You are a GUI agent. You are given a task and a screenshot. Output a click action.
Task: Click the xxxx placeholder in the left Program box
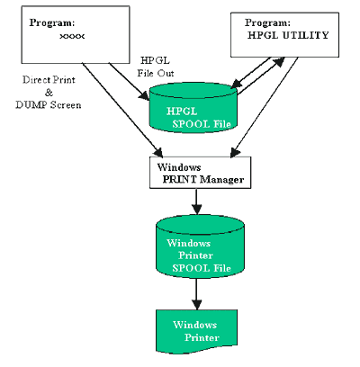click(72, 36)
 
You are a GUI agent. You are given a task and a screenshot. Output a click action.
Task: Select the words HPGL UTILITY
click(288, 35)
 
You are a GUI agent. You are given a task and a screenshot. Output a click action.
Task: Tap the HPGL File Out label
click(156, 67)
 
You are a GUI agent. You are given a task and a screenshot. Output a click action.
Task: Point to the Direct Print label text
click(49, 80)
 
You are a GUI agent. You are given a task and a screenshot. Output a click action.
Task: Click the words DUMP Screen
click(49, 104)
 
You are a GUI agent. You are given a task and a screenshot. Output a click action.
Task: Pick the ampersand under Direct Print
click(49, 93)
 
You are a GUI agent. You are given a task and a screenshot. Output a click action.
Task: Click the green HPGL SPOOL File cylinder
click(193, 108)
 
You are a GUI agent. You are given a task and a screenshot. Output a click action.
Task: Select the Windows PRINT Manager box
click(200, 173)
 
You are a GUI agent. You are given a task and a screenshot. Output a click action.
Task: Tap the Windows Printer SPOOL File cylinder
click(200, 246)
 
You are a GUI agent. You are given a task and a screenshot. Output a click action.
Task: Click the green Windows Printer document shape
click(196, 331)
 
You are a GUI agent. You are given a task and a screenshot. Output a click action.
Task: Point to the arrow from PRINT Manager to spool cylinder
click(196, 201)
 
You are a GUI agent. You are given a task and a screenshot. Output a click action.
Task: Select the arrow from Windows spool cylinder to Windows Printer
click(196, 294)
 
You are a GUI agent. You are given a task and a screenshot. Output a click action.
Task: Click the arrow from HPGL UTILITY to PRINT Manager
click(264, 107)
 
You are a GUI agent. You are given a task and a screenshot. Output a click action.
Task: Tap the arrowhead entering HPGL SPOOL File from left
click(144, 96)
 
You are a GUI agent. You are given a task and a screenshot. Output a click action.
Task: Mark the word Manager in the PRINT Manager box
click(221, 180)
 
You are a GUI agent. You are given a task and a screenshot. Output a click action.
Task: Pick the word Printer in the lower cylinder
click(195, 255)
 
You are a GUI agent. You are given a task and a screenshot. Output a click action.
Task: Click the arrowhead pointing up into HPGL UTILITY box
click(278, 62)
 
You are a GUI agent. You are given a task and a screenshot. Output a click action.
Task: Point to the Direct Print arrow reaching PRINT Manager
click(122, 110)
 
